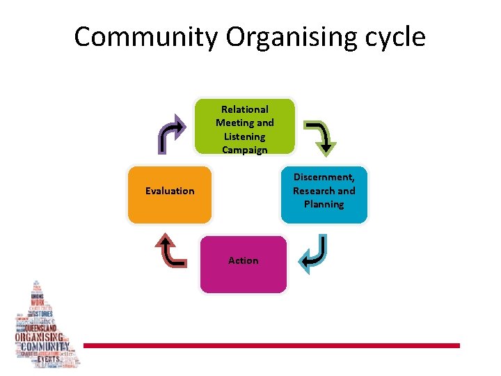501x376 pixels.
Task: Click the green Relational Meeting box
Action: [244, 126]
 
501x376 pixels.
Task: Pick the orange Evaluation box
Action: [169, 195]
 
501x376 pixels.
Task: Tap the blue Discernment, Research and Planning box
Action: [324, 194]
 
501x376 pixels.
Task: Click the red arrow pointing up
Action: [171, 251]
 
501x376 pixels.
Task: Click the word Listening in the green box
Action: [244, 136]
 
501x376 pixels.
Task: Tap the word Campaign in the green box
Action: [244, 150]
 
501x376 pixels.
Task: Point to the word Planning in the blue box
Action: [324, 204]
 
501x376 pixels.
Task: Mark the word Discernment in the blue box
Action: [324, 177]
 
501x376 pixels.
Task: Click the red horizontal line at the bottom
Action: [271, 345]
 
